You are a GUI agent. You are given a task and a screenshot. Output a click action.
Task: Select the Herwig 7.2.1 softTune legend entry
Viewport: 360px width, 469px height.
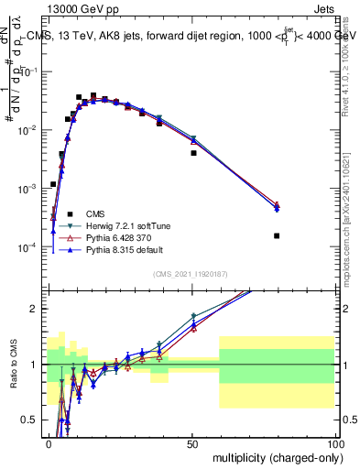[x=127, y=226]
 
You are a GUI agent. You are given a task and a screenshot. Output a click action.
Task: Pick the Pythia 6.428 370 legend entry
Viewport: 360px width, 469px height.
[x=124, y=237]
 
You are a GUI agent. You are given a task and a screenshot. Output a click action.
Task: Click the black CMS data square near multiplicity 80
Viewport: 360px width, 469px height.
[x=277, y=235]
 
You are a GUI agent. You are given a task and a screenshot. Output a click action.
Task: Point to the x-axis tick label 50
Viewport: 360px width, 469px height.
[x=192, y=442]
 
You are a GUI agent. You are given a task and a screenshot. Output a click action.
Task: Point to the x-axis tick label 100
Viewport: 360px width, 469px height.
[x=335, y=442]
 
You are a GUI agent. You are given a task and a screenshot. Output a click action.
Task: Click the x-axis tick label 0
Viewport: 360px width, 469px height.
[x=49, y=442]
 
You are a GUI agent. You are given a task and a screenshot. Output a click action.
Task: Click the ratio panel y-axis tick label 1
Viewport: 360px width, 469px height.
[x=37, y=365]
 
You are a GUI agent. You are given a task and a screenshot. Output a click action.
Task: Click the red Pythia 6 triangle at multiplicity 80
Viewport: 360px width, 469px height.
[x=277, y=204]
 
